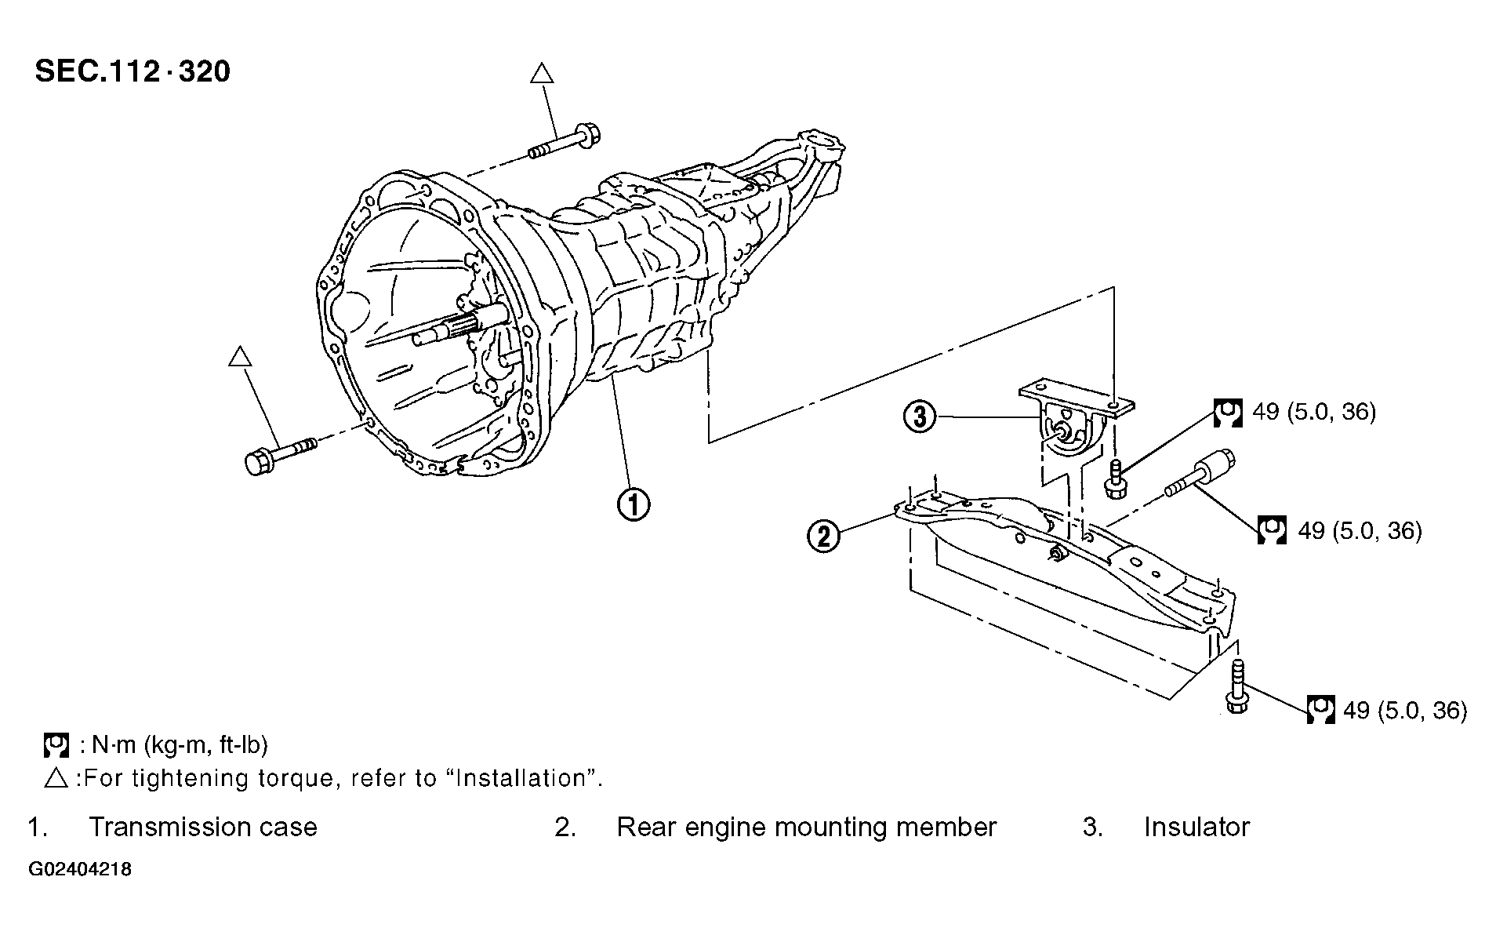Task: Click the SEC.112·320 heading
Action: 133,71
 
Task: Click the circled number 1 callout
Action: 633,504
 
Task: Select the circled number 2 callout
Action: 824,537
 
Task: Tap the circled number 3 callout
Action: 920,416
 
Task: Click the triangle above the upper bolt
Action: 542,75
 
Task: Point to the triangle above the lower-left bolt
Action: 239,357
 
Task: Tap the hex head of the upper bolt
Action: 586,138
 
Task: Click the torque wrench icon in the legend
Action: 57,744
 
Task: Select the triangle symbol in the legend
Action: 57,778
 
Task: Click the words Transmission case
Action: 203,827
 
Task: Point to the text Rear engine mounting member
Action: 807,828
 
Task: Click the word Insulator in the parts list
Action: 1196,827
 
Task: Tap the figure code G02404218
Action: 81,870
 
